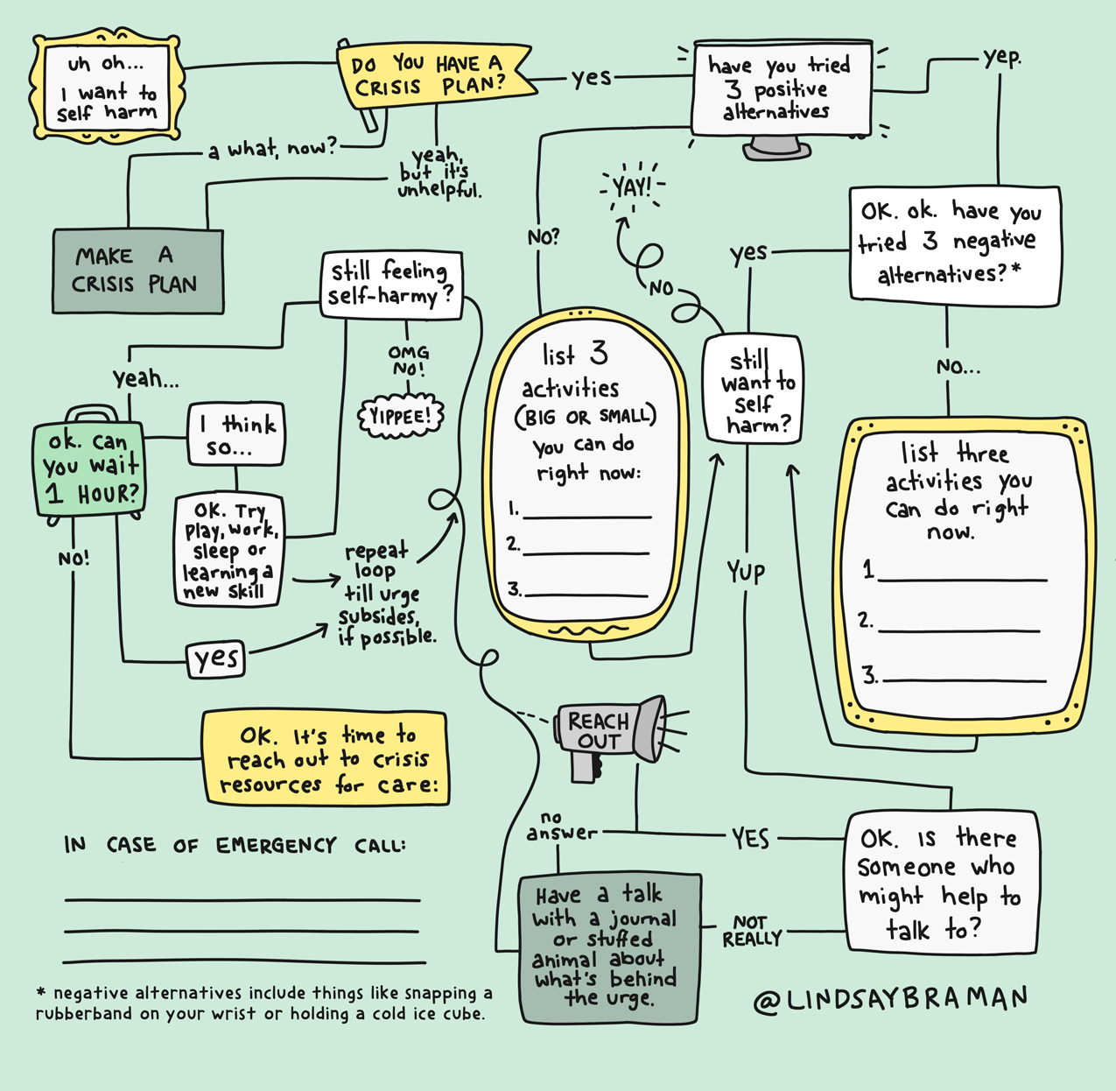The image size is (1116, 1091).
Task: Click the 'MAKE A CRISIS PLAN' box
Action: (x=137, y=271)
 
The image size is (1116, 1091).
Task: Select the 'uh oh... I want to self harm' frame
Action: (x=107, y=88)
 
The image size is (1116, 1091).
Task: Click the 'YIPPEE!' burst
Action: (x=401, y=416)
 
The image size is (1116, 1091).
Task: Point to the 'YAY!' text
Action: (x=632, y=187)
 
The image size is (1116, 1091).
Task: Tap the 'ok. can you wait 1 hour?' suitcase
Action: (x=88, y=468)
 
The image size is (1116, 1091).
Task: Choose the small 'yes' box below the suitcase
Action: (x=216, y=659)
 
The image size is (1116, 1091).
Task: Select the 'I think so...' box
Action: (x=236, y=435)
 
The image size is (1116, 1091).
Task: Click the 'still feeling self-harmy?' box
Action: (x=390, y=284)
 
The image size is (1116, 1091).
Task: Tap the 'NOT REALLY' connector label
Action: (x=752, y=931)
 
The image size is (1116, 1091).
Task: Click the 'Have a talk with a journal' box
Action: (x=608, y=947)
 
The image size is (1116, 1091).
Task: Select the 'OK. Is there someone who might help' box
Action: (x=941, y=882)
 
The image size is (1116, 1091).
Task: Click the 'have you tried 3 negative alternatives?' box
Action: (x=954, y=245)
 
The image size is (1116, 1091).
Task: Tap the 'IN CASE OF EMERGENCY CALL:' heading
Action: (x=235, y=846)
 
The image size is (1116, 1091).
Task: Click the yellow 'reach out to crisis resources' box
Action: (x=325, y=758)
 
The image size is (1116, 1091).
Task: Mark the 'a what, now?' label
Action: (x=271, y=150)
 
